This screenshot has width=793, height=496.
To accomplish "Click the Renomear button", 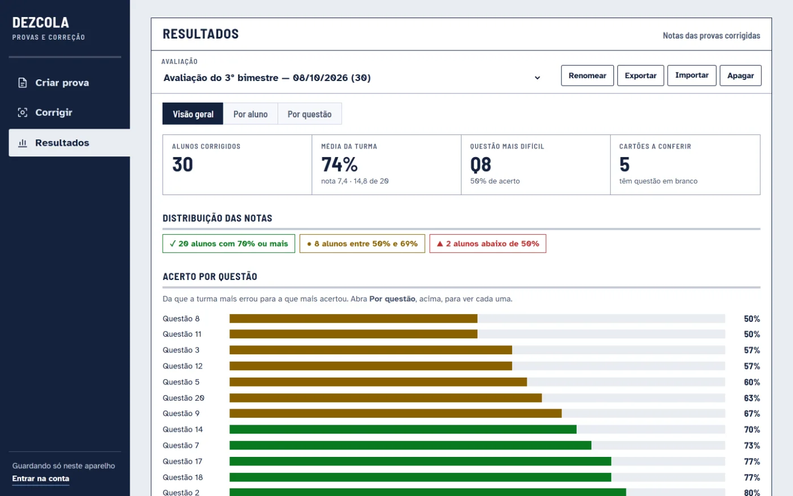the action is pyautogui.click(x=587, y=75).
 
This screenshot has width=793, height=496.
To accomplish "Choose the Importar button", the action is pyautogui.click(x=692, y=75).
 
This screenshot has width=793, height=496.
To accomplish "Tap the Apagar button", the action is pyautogui.click(x=741, y=75).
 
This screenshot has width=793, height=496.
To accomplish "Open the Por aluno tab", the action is pyautogui.click(x=250, y=114).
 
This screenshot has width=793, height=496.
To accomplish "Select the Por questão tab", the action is pyautogui.click(x=309, y=114).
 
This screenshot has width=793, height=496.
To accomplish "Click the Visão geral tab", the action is pyautogui.click(x=193, y=114).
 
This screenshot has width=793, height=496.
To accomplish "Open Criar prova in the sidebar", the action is pyautogui.click(x=62, y=83).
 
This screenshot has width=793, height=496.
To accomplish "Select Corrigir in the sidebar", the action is pyautogui.click(x=54, y=112).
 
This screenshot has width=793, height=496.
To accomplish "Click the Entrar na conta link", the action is pyautogui.click(x=41, y=478).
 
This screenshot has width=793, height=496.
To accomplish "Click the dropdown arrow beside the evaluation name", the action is pyautogui.click(x=537, y=78).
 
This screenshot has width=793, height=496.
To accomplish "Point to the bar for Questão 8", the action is pyautogui.click(x=353, y=319).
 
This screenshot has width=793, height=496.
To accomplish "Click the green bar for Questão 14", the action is pyautogui.click(x=403, y=430).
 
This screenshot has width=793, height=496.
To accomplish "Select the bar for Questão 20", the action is pyautogui.click(x=386, y=398).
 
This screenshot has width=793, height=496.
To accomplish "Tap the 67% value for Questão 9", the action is pyautogui.click(x=752, y=413).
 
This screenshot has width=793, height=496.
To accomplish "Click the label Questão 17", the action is pyautogui.click(x=182, y=461).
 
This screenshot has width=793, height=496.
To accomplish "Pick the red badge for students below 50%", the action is pyautogui.click(x=488, y=243).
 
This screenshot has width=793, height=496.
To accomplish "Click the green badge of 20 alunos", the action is pyautogui.click(x=229, y=243).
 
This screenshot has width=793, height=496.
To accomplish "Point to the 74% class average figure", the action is pyautogui.click(x=339, y=164).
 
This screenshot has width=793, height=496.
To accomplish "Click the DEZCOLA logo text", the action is pyautogui.click(x=41, y=22).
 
